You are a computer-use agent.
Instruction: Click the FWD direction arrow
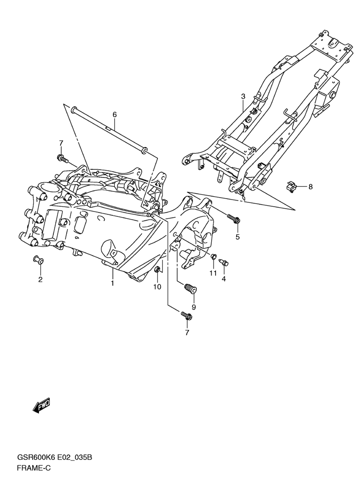(41, 406)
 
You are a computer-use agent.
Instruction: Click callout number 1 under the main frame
(113, 283)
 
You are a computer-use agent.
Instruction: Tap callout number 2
(40, 280)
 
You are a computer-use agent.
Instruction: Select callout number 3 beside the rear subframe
(243, 96)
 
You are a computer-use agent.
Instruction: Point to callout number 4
(224, 279)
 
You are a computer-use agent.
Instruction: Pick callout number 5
(238, 237)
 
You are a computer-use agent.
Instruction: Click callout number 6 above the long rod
(115, 115)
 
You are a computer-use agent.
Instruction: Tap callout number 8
(310, 187)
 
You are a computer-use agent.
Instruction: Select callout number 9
(193, 307)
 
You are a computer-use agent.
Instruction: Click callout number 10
(157, 287)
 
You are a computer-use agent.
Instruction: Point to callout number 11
(213, 273)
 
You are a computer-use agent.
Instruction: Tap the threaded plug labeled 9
(191, 289)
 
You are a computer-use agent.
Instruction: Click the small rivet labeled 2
(38, 260)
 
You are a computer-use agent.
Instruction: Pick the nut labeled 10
(157, 270)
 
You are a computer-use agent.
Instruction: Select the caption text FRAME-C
(34, 469)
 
